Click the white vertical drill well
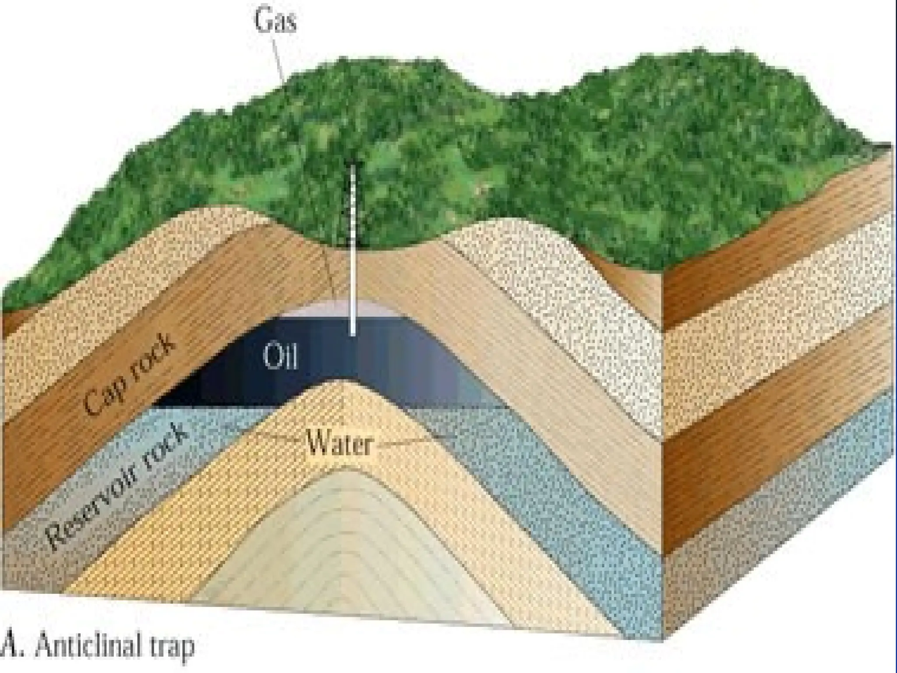click(x=353, y=263)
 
